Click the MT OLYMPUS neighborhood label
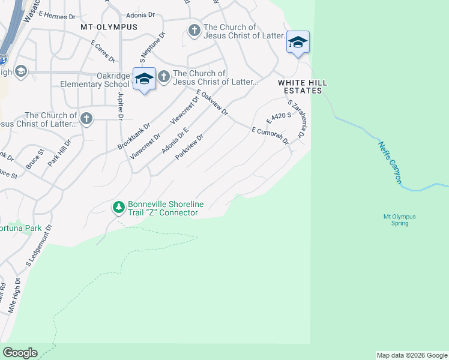(x=109, y=27)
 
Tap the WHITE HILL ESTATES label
(x=300, y=86)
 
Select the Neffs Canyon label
(x=390, y=163)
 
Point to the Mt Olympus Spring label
(x=399, y=220)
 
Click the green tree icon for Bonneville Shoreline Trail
(x=119, y=208)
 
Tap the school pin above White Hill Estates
(x=298, y=42)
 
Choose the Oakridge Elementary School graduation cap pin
(x=144, y=79)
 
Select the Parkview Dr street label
(x=190, y=146)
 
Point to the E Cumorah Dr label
(x=271, y=135)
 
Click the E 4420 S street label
(x=279, y=113)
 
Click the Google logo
(x=20, y=353)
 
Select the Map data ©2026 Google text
(x=411, y=355)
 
